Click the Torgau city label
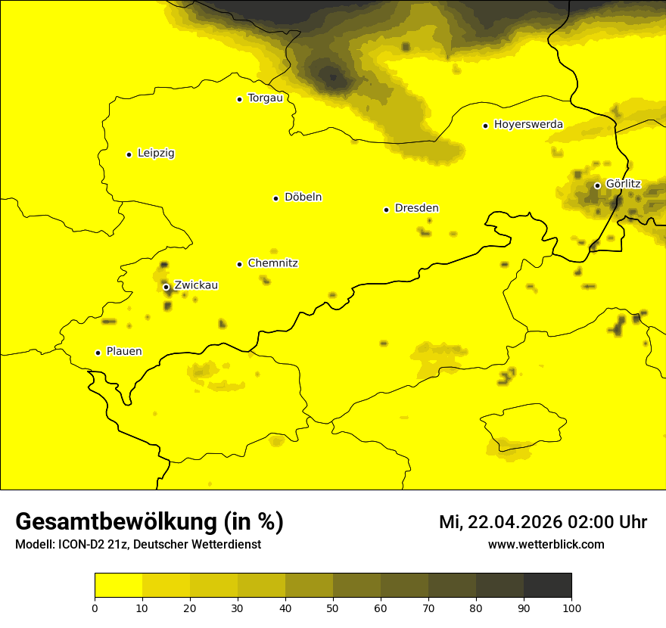coord(265,98)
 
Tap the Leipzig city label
coord(156,154)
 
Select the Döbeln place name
coord(303,197)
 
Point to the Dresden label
coord(416,209)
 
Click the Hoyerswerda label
coord(528,125)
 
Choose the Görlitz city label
coord(623,184)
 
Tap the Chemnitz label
coord(272,264)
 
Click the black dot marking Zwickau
coord(166,287)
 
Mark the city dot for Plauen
coord(98,353)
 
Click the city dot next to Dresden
coord(386,210)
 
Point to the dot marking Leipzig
coord(129,154)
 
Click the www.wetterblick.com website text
coord(546,544)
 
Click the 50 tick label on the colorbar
coord(333,608)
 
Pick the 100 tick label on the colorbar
coord(571,608)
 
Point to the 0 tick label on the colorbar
coord(95,608)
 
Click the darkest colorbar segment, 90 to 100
coord(547,586)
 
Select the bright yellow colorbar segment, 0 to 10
coord(118,586)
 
